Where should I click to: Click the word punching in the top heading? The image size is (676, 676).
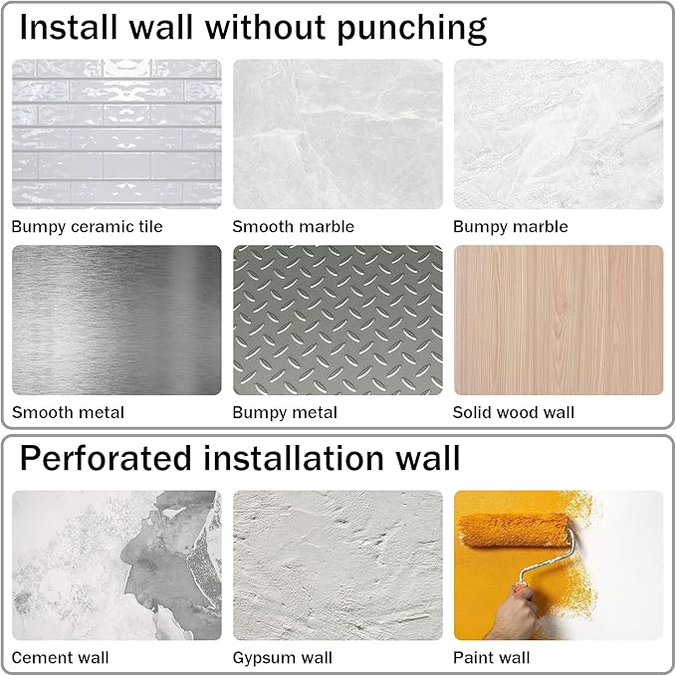(x=412, y=29)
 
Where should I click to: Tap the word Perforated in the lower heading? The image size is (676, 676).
(x=106, y=457)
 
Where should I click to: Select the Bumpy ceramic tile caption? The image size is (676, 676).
(x=87, y=227)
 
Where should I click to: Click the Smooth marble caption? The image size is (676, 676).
(x=293, y=226)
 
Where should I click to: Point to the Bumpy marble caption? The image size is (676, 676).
(x=511, y=227)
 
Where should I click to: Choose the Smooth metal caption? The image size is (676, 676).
(x=68, y=412)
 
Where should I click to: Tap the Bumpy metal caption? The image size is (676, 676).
(x=285, y=412)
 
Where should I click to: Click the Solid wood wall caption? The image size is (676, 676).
(x=514, y=412)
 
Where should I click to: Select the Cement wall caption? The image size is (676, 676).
(x=61, y=657)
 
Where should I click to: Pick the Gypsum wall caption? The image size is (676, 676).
(x=283, y=658)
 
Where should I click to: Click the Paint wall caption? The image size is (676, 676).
(x=492, y=657)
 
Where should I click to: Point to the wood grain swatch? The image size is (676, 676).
(x=559, y=320)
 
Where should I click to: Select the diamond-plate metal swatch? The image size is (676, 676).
(x=338, y=320)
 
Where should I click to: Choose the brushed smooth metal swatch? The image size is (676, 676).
(x=116, y=320)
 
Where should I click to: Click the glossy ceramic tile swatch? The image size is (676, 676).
(x=116, y=134)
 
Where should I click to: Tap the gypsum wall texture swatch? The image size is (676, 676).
(x=338, y=565)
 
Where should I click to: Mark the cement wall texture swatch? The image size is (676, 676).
(x=116, y=565)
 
